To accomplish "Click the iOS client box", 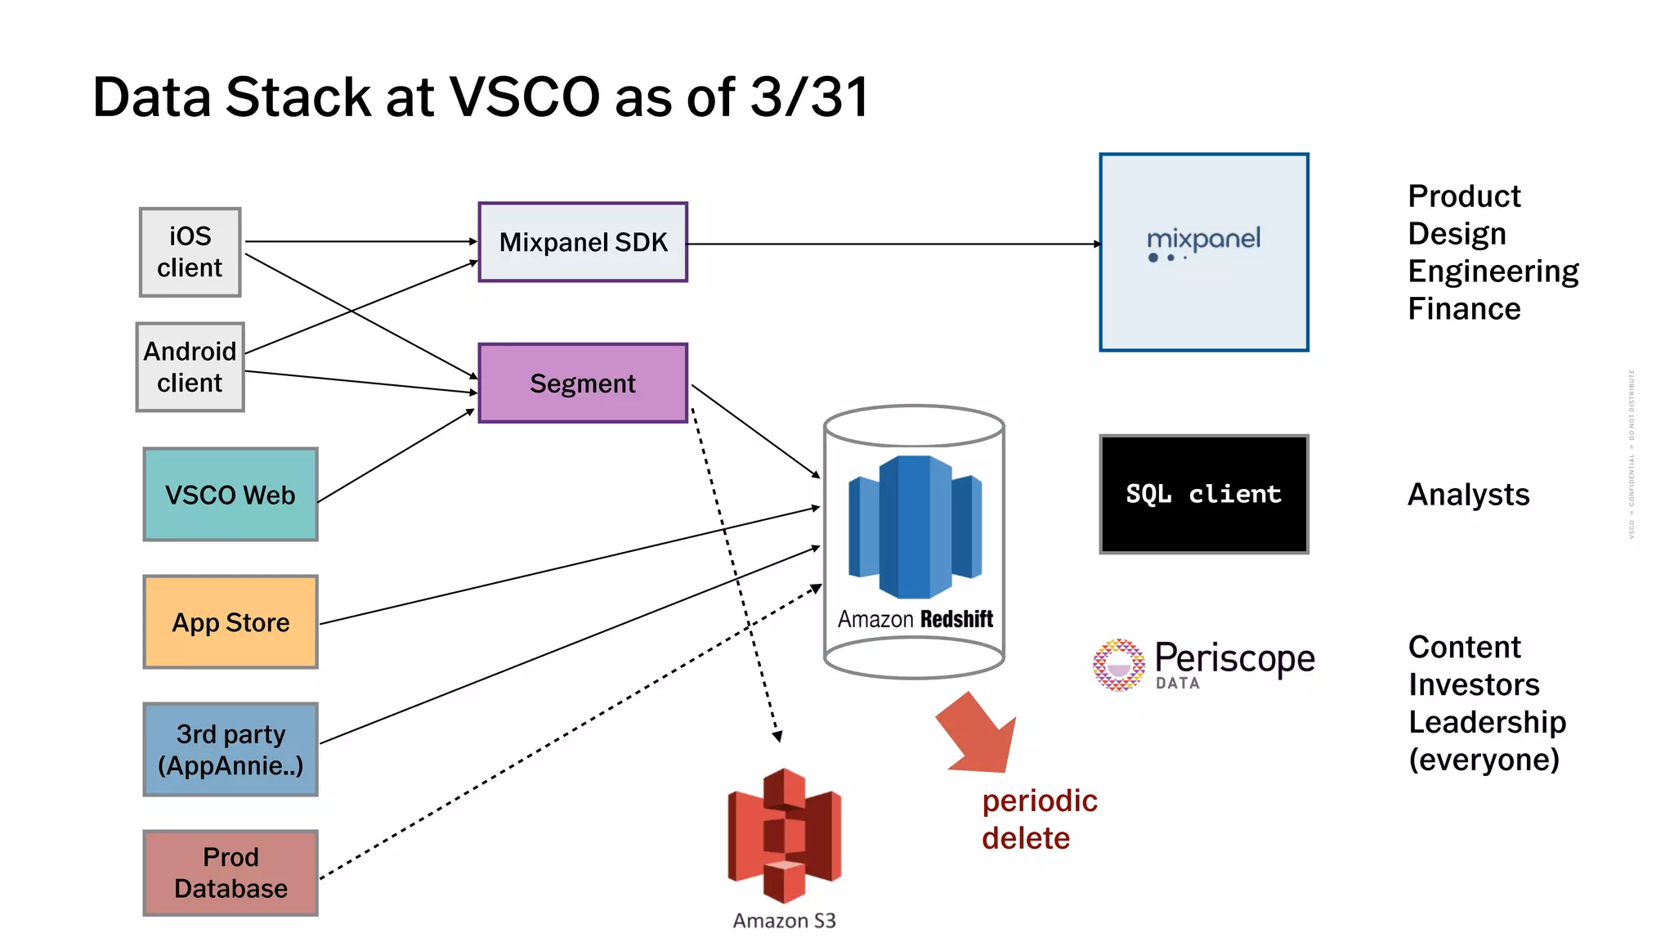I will tap(190, 252).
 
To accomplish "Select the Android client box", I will tap(190, 367).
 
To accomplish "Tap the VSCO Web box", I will tap(231, 495).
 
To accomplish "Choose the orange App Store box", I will tap(231, 622).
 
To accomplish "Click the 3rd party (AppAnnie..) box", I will tap(231, 749).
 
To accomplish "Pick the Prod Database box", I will tap(231, 872).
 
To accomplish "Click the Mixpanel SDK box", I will tap(583, 242).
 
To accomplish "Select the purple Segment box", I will tap(583, 383).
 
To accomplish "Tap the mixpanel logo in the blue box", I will tap(1203, 242).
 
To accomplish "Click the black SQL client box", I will tap(1203, 494).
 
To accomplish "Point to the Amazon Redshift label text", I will tap(915, 619).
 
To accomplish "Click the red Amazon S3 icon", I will tap(784, 835).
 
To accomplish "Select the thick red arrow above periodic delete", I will tap(978, 734).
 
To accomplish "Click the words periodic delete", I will tap(1038, 819).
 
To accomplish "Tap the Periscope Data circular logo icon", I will tap(1118, 665).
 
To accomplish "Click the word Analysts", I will tap(1468, 495).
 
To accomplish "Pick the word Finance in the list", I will tap(1464, 309).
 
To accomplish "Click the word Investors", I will tap(1474, 684).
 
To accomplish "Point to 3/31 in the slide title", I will tap(808, 97).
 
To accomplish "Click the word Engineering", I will tap(1493, 271).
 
